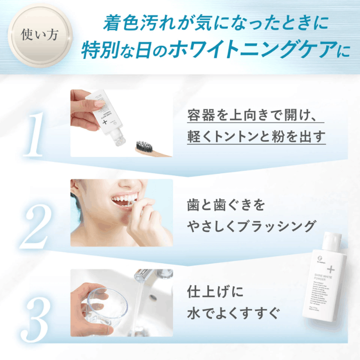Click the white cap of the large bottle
[x=333, y=246]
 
